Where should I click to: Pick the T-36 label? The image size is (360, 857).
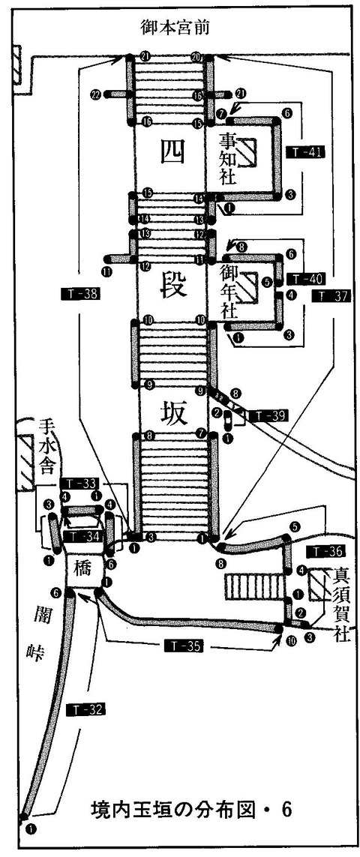[325, 553]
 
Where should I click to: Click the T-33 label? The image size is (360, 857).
[79, 483]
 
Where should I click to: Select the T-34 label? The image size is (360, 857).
[79, 537]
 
